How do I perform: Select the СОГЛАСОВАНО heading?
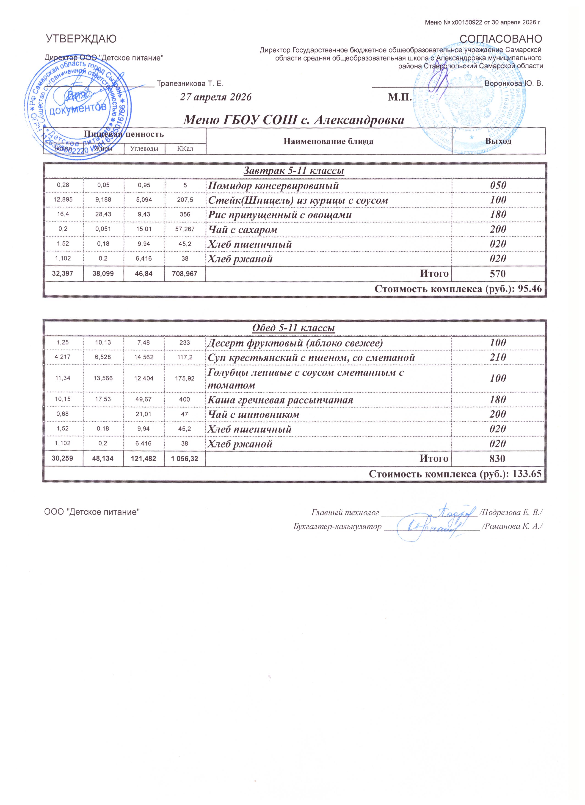pos(501,39)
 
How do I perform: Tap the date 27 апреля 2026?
pos(216,97)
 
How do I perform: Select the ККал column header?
pos(185,149)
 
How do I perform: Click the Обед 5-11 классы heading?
pos(293,328)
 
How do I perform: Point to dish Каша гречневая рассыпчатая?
pos(280,400)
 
